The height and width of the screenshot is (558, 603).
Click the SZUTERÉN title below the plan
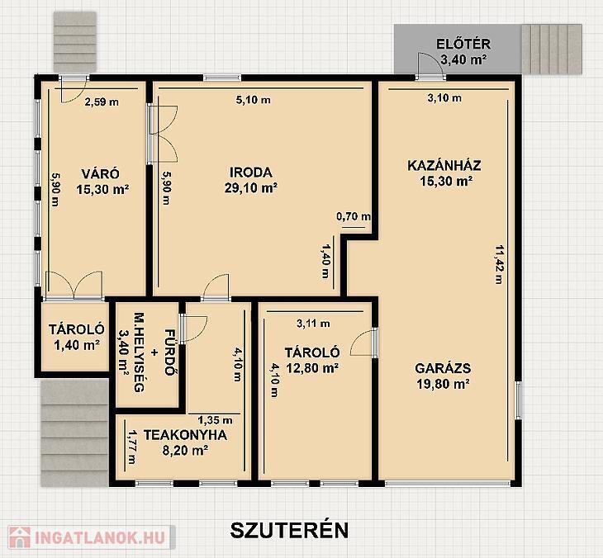pos(289,530)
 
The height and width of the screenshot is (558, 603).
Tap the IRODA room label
pos(251,173)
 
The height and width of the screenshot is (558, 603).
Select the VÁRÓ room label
pos(101,173)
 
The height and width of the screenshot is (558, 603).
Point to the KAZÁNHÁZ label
pos(444,166)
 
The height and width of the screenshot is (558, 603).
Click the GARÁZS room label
pos(443,368)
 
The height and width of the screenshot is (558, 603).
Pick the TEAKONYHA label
pos(185,435)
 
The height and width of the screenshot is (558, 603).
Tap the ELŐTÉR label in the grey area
pos(463,44)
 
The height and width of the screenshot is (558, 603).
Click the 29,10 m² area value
pos(251,188)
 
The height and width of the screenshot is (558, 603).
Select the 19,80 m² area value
pos(443,384)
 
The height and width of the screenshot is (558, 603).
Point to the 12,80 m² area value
pos(312,368)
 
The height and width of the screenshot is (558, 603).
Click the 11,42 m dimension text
pos(499,264)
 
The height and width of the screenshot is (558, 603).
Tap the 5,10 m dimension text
pos(253,101)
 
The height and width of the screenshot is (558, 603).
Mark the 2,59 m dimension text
pos(102,102)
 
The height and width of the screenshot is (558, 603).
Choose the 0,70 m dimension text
pos(354,217)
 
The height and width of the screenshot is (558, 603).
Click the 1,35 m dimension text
pos(215,420)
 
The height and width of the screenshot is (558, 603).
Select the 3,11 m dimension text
pos(313,324)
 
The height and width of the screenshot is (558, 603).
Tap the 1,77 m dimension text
pos(132,447)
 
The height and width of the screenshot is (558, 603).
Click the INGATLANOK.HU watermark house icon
pos(20,537)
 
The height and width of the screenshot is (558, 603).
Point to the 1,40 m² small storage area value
pos(78,345)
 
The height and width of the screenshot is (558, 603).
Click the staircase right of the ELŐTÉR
pos(552,50)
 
